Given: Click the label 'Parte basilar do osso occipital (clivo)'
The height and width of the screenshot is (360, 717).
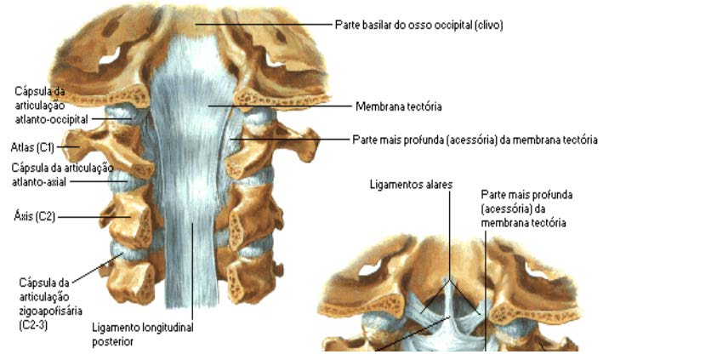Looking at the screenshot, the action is (x=418, y=26).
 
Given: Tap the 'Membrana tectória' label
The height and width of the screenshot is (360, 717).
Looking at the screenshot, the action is (x=399, y=107).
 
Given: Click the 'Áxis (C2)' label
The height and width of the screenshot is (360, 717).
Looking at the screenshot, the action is (x=34, y=216).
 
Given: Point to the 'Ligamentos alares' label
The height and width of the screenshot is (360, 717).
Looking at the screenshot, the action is (x=411, y=184).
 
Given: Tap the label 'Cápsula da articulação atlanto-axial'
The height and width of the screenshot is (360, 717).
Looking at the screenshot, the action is (x=62, y=174).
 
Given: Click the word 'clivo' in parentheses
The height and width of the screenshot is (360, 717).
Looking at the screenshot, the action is (x=488, y=26).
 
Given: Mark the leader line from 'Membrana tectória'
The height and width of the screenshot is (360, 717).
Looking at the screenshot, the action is (x=281, y=107).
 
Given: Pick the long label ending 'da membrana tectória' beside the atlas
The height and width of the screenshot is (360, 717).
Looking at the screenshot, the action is (x=475, y=139).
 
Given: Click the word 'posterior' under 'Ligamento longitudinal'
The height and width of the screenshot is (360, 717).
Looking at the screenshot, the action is (x=113, y=341).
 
